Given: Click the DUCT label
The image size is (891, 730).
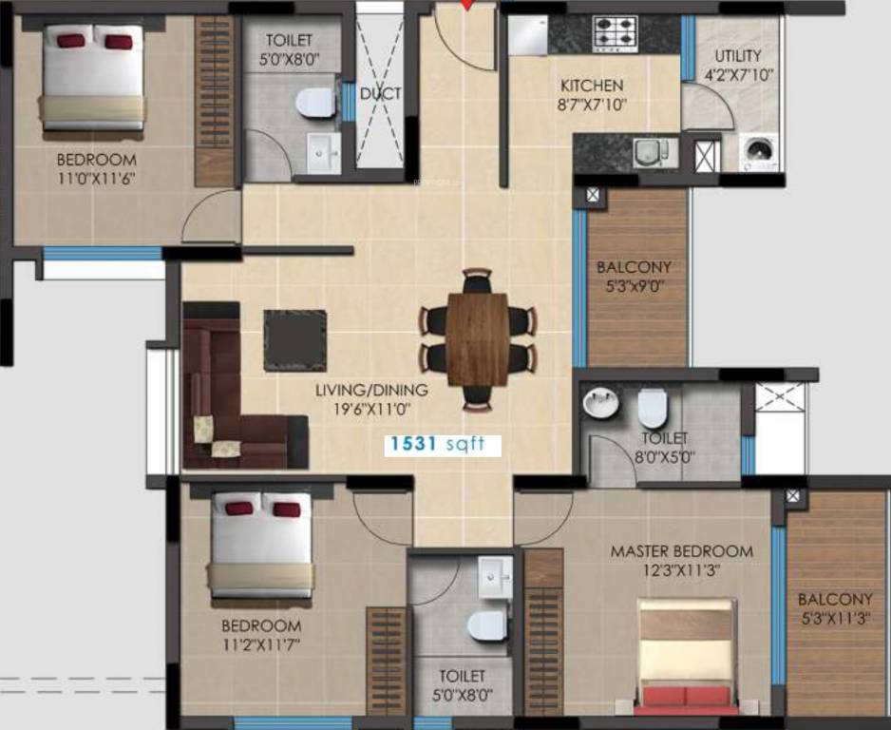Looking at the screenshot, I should coord(380,94).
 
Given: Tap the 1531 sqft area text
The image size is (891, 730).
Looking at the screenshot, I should coord(434,444).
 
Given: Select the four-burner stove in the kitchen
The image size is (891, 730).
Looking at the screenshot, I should coord(616,35).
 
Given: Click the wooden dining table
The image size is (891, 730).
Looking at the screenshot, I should coord(478,338).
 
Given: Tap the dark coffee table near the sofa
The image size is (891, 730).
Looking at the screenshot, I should coord(294,340).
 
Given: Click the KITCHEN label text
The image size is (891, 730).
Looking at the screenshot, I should coord(591,86).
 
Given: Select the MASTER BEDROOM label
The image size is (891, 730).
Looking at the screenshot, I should coord(681,551).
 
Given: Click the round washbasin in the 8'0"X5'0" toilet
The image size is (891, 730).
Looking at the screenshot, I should coord(600,404).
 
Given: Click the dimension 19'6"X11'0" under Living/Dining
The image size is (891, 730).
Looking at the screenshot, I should coord(372,409).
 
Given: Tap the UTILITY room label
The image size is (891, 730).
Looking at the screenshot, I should coord(738,56).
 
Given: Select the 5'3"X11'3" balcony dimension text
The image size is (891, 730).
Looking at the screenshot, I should coord(835,618).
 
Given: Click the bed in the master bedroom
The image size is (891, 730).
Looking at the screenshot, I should coord(686,656).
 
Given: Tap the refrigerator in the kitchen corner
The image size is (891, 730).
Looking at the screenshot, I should coord(525,36).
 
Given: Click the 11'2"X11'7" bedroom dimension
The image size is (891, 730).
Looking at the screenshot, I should coord(261,645).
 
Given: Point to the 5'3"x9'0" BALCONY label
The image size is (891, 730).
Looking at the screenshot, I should coord(634,268).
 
